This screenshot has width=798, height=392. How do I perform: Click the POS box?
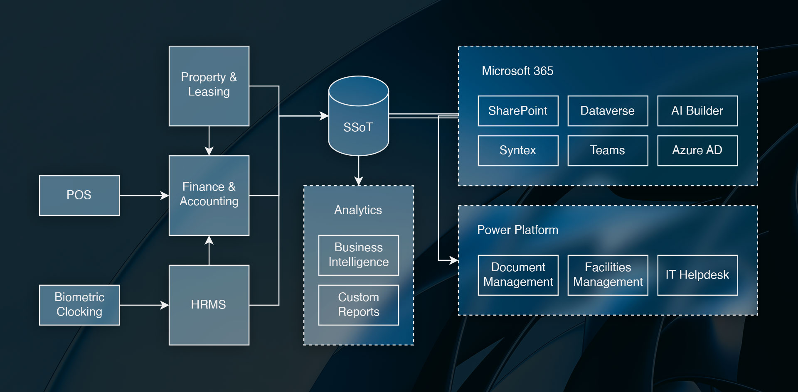point(79,196)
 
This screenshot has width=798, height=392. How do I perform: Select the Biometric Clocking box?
point(79,305)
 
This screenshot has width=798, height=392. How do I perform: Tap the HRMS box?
point(209,305)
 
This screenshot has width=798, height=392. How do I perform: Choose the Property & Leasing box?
point(209,86)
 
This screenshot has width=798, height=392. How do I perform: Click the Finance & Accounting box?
point(209,196)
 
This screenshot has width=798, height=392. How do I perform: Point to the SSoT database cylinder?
point(359,116)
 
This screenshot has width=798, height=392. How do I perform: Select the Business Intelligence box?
point(359,255)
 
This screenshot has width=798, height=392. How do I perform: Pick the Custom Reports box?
point(359,305)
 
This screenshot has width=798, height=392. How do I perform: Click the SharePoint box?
point(518,111)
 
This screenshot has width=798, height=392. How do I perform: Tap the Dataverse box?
point(608,111)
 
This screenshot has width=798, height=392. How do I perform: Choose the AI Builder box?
point(697,111)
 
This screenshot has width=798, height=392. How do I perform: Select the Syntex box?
point(518,151)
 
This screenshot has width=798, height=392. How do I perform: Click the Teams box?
point(608,151)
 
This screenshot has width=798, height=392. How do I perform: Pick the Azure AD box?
point(697,151)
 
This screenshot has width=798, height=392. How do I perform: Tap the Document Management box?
point(518,275)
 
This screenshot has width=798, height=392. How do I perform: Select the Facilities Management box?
point(608,275)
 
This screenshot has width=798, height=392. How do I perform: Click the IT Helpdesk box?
point(697,275)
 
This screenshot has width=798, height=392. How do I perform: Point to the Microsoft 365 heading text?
point(517,71)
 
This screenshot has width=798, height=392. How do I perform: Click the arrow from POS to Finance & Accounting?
point(144,195)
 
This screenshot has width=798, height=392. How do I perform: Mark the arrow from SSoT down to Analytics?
point(359,171)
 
